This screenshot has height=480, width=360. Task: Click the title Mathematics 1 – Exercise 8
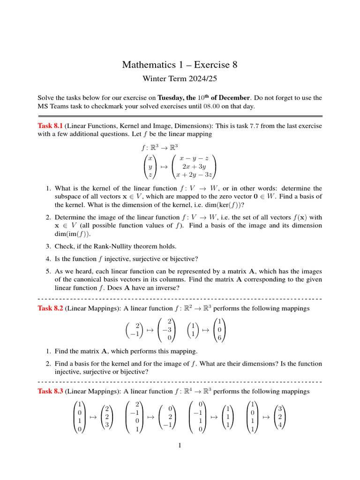click(x=180, y=65)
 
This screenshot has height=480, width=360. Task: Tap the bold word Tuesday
click(x=171, y=98)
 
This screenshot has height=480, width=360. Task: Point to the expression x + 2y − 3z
click(x=194, y=175)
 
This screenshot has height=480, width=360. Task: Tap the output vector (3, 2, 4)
click(x=280, y=416)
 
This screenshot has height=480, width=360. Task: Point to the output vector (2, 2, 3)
click(x=107, y=416)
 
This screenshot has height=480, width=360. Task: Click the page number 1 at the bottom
click(x=180, y=445)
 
